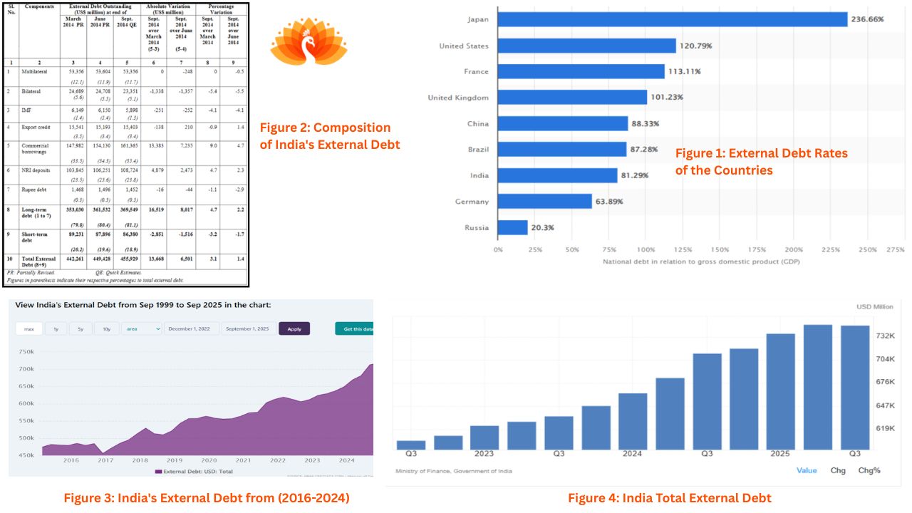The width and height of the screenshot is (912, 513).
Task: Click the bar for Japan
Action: click(672, 19)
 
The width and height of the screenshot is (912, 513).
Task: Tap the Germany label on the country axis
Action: click(472, 202)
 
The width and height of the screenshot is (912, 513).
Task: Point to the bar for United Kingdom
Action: click(572, 98)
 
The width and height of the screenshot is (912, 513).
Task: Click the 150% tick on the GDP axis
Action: click(720, 250)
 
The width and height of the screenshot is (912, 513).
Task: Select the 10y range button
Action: click(106, 328)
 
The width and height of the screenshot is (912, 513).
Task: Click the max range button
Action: click(29, 328)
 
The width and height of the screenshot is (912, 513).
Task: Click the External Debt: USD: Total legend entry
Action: click(193, 471)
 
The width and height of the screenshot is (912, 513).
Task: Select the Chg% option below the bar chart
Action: click(869, 470)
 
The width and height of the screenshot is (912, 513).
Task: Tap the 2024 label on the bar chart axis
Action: click(632, 453)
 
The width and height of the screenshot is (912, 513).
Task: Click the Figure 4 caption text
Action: click(669, 498)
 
